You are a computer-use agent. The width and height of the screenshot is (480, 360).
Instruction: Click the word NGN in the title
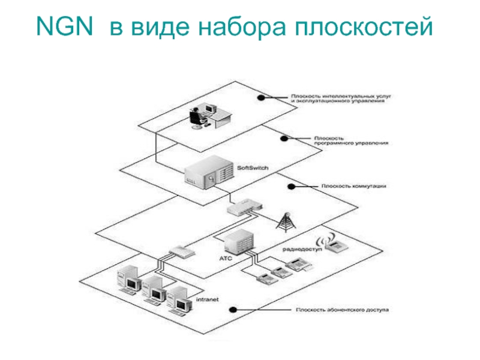click(64, 26)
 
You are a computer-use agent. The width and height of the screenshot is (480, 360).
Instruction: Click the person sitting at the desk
click(197, 116)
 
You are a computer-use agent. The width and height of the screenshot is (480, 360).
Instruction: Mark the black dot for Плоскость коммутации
click(292, 186)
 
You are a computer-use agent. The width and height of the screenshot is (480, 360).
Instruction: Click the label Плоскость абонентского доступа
click(341, 311)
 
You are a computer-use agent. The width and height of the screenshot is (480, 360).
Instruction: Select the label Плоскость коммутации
click(353, 186)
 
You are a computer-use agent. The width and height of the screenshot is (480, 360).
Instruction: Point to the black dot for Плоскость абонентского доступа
click(233, 310)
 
